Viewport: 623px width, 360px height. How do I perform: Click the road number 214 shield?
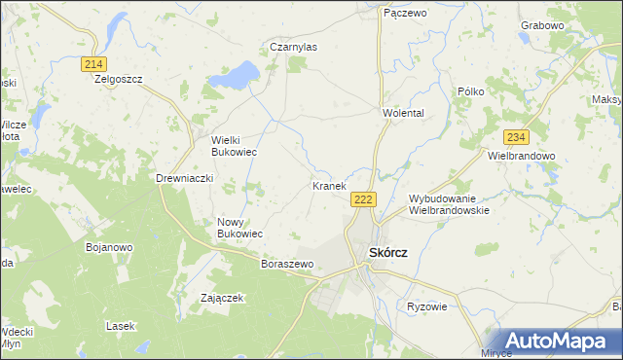point(93,63)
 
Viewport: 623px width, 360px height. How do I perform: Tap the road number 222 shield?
point(363,199)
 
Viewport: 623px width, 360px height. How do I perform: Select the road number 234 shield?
point(516,137)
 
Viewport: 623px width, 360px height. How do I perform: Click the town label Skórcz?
point(387,252)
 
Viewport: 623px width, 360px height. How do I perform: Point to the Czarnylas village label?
point(293,46)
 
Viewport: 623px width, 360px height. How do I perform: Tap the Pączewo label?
point(405,13)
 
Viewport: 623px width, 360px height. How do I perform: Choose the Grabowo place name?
point(570,24)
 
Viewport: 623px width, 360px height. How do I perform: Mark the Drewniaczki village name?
point(184,178)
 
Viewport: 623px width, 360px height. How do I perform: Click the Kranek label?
point(329,185)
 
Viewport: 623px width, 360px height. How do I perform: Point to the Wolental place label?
point(403,113)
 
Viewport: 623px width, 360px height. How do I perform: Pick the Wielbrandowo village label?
point(521,156)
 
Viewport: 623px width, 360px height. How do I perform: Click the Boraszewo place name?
point(287,264)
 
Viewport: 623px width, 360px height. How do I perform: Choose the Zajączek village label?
point(221,298)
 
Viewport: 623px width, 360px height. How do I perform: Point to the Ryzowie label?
point(426,306)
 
